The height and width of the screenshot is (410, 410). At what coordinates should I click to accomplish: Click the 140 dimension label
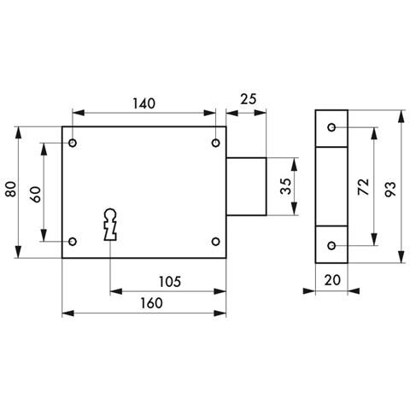(143, 103)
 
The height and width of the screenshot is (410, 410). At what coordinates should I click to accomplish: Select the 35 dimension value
(287, 185)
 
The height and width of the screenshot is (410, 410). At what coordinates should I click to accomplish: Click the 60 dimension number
(35, 192)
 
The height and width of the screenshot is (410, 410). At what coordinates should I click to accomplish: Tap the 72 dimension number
(363, 189)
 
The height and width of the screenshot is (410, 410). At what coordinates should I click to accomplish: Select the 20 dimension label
(332, 279)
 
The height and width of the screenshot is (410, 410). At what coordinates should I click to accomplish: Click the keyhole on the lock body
(109, 225)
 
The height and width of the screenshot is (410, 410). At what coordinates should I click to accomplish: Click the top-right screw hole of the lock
(215, 142)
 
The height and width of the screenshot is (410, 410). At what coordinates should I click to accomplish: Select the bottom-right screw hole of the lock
(215, 241)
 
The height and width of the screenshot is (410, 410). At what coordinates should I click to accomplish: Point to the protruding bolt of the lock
(247, 185)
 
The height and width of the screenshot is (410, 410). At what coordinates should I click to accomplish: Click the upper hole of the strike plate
(331, 128)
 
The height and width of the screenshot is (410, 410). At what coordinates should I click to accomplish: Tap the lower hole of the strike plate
(331, 246)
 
